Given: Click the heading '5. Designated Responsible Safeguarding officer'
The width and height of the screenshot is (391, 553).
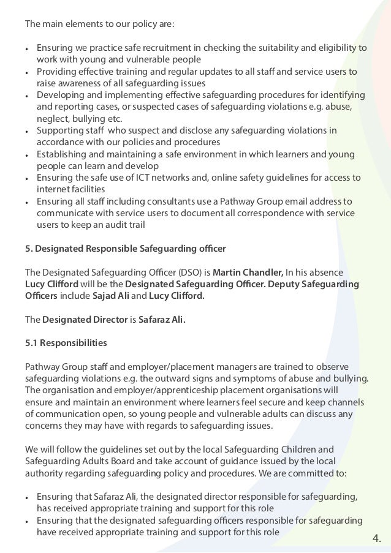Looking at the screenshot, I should [x=125, y=249].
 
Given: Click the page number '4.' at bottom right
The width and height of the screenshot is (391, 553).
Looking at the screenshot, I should [x=376, y=539].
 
